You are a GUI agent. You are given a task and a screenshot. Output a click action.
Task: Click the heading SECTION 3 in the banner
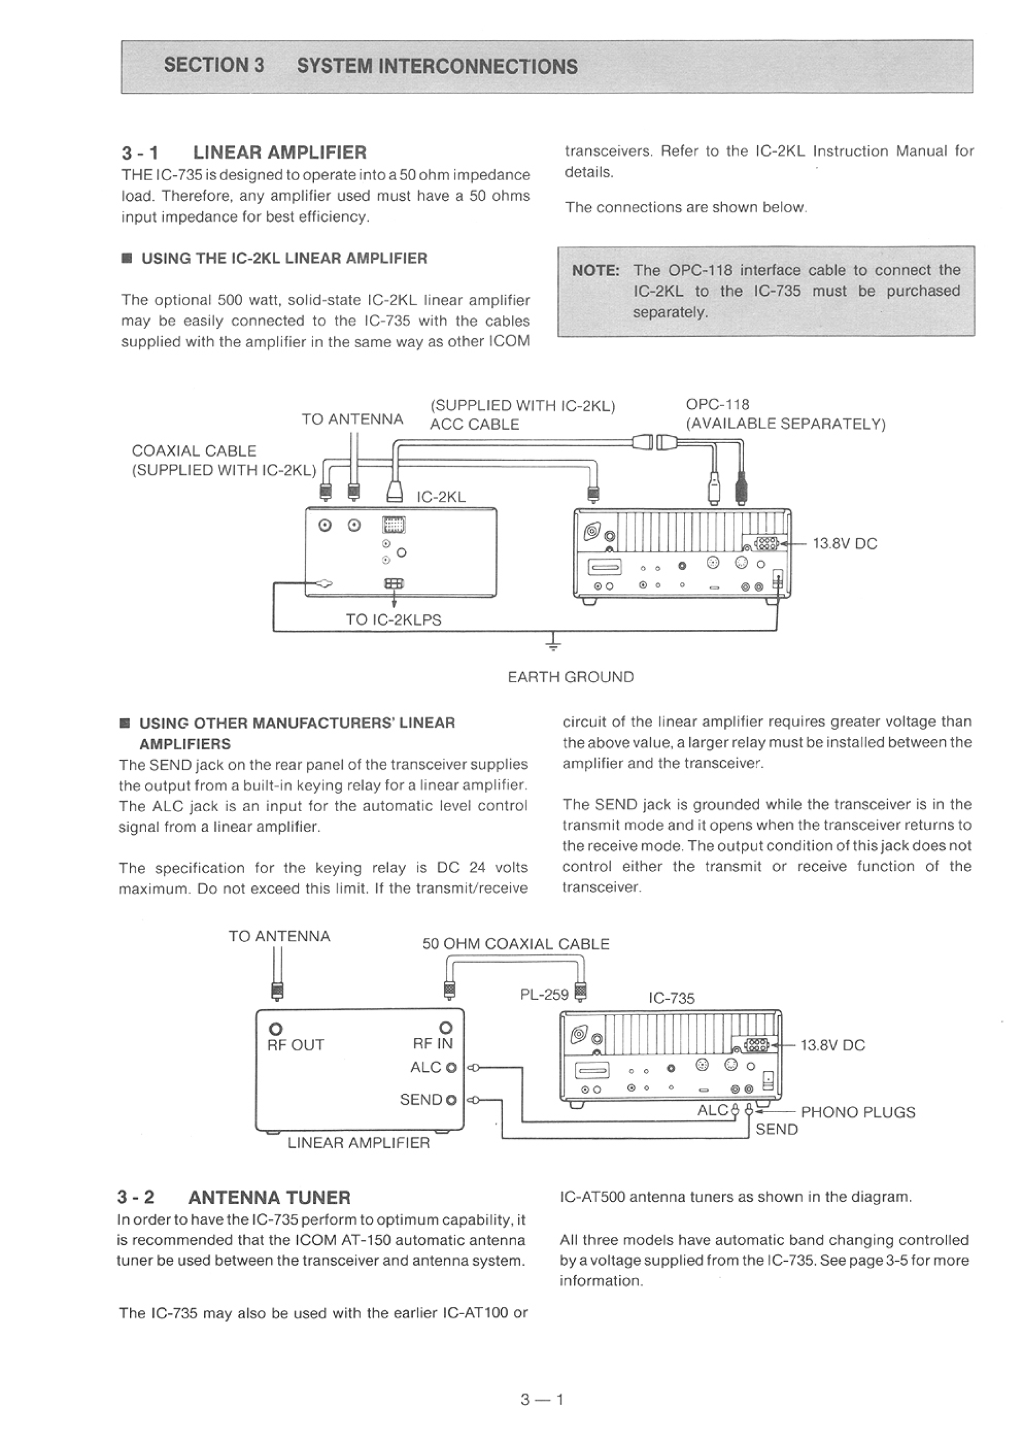[214, 66]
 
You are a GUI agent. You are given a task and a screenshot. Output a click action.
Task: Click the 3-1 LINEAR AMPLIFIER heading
[244, 153]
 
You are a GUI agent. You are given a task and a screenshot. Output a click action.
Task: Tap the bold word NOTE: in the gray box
[596, 271]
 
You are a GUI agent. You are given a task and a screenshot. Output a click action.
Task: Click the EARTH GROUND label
[570, 677]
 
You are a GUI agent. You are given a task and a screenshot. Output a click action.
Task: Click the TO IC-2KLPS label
[393, 620]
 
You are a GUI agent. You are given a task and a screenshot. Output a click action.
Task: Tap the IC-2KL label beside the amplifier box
[441, 497]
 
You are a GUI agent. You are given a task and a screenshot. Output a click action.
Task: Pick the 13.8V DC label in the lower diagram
[833, 1045]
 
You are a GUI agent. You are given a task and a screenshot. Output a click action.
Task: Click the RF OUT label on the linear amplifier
[296, 1045]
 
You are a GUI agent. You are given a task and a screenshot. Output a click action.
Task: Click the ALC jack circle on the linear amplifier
[451, 1068]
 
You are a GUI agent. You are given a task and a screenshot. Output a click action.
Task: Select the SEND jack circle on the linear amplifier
[451, 1100]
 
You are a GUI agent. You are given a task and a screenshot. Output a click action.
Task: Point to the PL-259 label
[544, 994]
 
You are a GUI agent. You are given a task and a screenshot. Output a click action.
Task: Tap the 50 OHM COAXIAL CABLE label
[516, 944]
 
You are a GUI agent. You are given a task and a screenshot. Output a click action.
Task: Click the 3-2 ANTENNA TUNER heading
[234, 1198]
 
